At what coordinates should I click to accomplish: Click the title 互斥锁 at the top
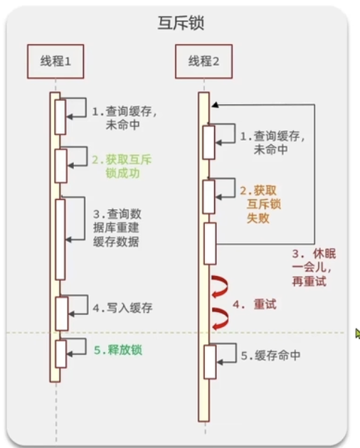click(x=181, y=23)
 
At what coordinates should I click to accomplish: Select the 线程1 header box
click(x=55, y=61)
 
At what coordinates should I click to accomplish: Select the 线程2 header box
click(x=203, y=61)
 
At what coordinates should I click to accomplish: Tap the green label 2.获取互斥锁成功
click(x=122, y=166)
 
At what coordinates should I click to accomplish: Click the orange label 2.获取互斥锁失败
click(x=260, y=204)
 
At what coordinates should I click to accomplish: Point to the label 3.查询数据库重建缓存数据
click(x=117, y=228)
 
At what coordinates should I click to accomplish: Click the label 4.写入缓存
click(x=122, y=308)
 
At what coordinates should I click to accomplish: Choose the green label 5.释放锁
click(x=118, y=350)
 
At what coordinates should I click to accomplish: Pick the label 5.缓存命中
click(x=270, y=356)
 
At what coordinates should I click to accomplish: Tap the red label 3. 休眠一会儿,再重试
click(x=314, y=267)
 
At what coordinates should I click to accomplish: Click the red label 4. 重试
click(x=255, y=304)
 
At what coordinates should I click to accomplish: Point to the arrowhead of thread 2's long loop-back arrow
click(x=215, y=105)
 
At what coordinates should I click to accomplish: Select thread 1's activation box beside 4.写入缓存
click(x=62, y=314)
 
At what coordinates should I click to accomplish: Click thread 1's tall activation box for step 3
click(x=60, y=240)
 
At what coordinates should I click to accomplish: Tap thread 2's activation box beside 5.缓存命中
click(x=210, y=362)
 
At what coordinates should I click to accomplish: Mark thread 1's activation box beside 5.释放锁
click(x=61, y=353)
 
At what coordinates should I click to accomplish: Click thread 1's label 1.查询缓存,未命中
click(x=124, y=118)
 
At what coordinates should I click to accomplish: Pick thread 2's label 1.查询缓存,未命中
click(x=272, y=142)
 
